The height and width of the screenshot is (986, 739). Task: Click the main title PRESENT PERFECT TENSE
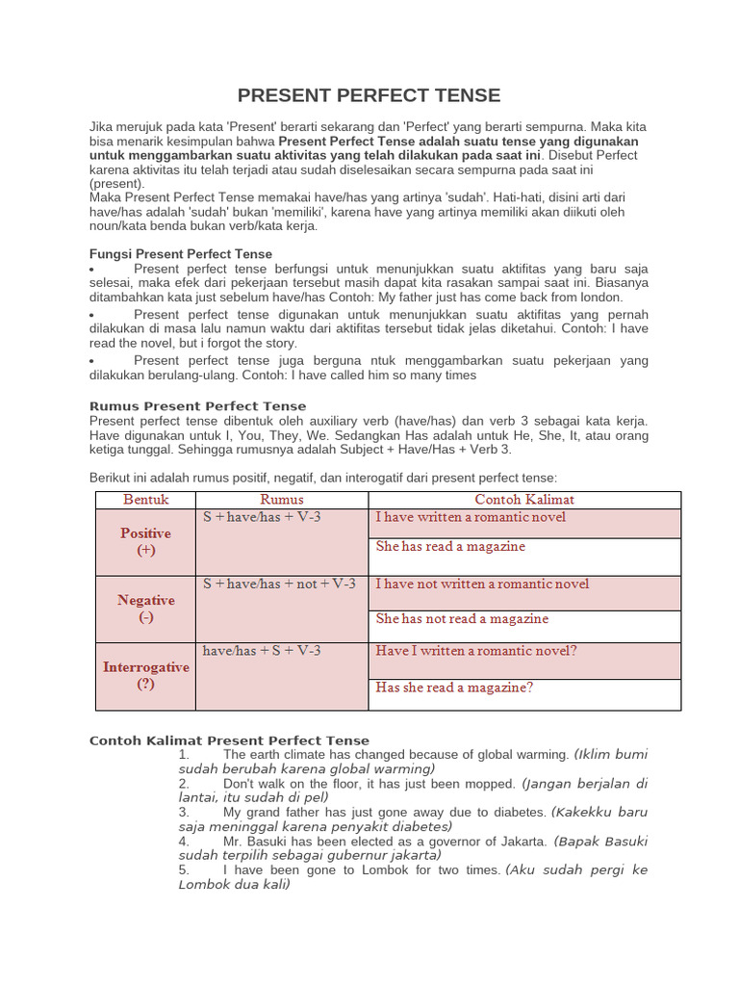(369, 95)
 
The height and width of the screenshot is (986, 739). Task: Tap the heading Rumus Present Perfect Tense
(197, 406)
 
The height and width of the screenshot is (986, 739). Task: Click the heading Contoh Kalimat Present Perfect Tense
(229, 740)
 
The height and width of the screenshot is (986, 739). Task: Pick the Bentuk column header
(145, 499)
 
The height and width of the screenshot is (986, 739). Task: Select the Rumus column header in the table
(282, 499)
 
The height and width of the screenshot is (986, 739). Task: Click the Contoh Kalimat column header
(524, 499)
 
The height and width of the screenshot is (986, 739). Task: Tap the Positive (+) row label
(145, 541)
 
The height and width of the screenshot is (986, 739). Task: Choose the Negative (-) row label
(145, 609)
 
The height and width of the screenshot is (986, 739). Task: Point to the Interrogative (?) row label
(145, 675)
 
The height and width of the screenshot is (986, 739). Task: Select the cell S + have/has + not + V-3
(279, 584)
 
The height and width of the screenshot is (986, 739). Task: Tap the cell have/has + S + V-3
(262, 651)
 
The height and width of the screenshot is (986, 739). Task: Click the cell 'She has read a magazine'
(450, 546)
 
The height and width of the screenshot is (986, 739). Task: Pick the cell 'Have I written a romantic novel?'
(476, 651)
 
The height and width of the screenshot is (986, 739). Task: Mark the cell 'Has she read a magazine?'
(454, 688)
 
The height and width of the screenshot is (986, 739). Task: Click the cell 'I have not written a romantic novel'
(482, 584)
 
